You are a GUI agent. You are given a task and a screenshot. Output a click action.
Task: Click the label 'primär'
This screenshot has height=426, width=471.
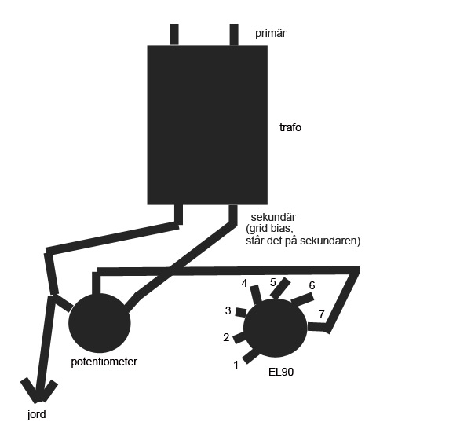pos(270,33)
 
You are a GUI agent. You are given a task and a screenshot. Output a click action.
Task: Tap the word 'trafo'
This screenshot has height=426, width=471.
pos(290,127)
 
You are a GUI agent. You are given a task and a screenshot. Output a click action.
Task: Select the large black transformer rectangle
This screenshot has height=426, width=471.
pos(207,125)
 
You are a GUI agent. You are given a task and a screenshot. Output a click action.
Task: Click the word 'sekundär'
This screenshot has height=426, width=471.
pos(273,217)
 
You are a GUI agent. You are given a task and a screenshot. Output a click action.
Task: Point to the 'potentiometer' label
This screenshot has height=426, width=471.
pos(104,362)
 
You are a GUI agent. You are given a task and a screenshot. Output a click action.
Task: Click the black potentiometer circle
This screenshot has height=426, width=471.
pos(100,323)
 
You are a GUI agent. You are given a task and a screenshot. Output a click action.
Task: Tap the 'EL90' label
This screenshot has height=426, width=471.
pos(281,372)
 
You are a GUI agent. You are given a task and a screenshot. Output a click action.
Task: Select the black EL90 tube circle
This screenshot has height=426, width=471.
pos(276,328)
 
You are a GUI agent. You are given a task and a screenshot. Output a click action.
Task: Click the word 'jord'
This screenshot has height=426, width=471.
pos(37,414)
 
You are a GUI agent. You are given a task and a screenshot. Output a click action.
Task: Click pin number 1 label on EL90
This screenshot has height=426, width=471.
pos(235,365)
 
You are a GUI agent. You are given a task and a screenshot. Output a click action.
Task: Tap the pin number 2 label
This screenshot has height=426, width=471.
pos(226,337)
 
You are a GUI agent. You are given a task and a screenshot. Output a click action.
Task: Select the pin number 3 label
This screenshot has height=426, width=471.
pos(228,310)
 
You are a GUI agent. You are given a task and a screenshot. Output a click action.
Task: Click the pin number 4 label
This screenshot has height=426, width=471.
pos(244,284)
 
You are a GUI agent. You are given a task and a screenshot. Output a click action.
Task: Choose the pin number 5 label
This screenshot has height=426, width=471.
pos(272,282)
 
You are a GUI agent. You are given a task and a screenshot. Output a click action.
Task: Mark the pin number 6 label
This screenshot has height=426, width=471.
pos(312,285)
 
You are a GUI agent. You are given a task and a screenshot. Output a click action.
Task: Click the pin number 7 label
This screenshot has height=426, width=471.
pos(321,314)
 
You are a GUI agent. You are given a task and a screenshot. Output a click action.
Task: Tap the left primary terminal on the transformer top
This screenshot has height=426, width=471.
pos(174,35)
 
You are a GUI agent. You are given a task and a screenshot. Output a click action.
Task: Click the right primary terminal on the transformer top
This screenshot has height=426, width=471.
pos(234,35)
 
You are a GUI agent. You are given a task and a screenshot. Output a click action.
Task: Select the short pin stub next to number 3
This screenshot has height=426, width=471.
pos(241,312)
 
